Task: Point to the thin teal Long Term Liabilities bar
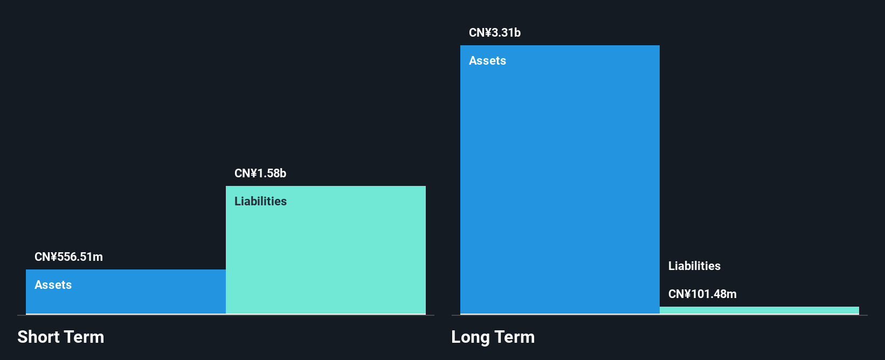(759, 310)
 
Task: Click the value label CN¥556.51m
(68, 257)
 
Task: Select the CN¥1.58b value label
(260, 174)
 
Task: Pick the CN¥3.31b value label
(495, 33)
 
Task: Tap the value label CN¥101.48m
(702, 294)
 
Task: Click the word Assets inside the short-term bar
(53, 285)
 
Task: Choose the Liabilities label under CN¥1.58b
(260, 202)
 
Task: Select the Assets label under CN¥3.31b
(487, 61)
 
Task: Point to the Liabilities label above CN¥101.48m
(694, 266)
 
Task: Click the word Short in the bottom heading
(38, 337)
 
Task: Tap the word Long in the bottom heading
(471, 337)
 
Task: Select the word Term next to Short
(84, 337)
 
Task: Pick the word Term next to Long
(515, 337)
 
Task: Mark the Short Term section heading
(61, 337)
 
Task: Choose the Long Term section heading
(493, 337)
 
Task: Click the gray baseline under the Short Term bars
(226, 315)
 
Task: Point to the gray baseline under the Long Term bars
(659, 315)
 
